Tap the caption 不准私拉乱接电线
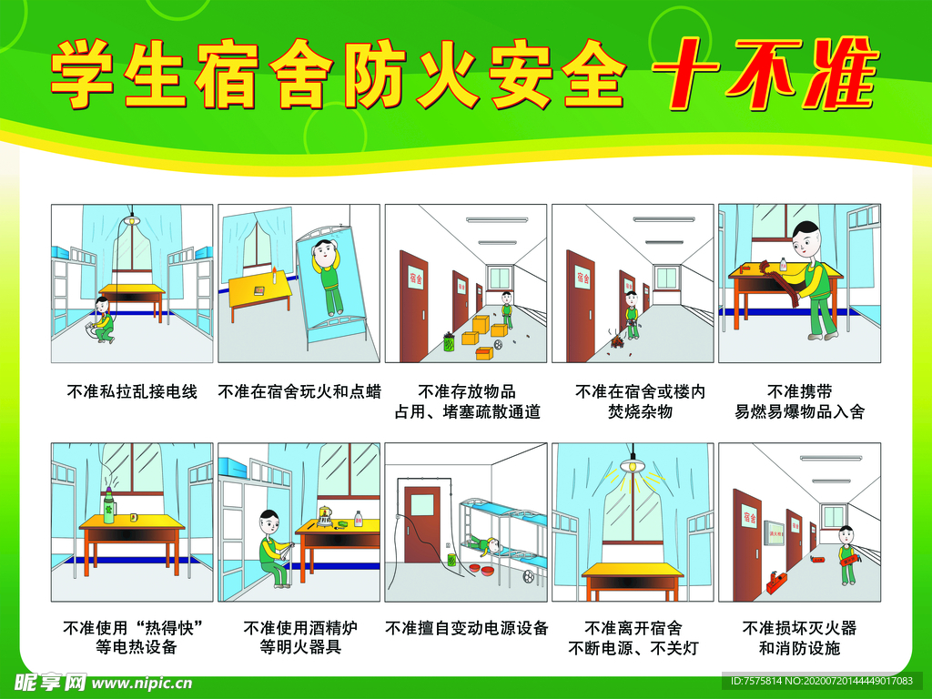pos(132,392)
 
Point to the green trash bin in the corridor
pos(448,342)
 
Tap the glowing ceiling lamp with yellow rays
pos(632,464)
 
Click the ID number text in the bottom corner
pos(821,681)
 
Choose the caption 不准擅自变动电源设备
pos(466,628)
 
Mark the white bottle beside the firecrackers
pos(782,265)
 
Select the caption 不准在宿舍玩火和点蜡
pos(299,392)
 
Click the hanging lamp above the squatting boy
pos(132,219)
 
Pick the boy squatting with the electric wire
pos(102,319)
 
